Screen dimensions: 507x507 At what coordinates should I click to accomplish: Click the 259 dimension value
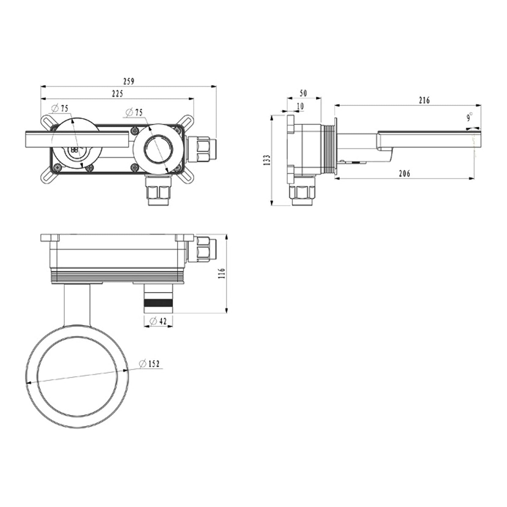pos(129,81)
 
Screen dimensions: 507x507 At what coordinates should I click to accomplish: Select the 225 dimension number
pos(117,93)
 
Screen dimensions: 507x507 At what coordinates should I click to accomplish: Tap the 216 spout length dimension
pos(424,100)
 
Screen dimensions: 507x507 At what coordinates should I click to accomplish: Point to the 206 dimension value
pos(405,173)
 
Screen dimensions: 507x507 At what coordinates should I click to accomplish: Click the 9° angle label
pos(469,117)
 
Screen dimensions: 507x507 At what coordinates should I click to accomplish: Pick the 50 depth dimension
pos(303,93)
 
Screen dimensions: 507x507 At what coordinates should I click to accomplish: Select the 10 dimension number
pos(300,106)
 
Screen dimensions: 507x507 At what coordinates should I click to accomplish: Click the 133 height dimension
pos(267,160)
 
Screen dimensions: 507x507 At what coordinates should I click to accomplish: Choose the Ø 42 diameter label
pos(158,321)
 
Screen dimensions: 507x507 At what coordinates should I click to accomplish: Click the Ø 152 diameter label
pos(149,363)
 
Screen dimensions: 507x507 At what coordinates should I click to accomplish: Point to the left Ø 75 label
pos(60,108)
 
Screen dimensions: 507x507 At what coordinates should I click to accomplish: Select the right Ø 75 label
pos(134,112)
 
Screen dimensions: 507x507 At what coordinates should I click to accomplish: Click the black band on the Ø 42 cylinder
pos(158,303)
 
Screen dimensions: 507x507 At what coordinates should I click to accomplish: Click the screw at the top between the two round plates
pos(134,131)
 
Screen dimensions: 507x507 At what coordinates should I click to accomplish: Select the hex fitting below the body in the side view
pos(302,191)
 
